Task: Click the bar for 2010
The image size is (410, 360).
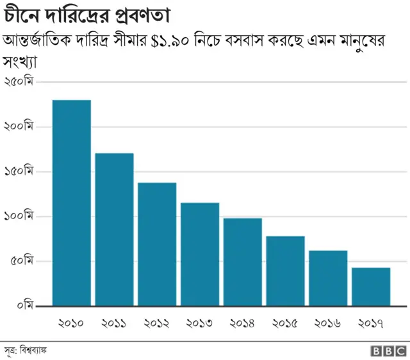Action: (72, 202)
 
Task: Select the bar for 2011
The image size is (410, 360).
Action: (114, 229)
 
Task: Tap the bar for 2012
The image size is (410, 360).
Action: (157, 244)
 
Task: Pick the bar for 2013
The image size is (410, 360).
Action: (200, 254)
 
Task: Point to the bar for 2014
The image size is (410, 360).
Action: (243, 262)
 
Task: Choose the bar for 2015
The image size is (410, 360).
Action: (285, 271)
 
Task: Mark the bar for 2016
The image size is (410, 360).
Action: (328, 278)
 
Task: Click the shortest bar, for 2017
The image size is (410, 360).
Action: (371, 286)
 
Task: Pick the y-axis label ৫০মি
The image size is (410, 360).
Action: (21, 261)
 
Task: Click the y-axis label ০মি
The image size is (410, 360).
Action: (24, 306)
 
